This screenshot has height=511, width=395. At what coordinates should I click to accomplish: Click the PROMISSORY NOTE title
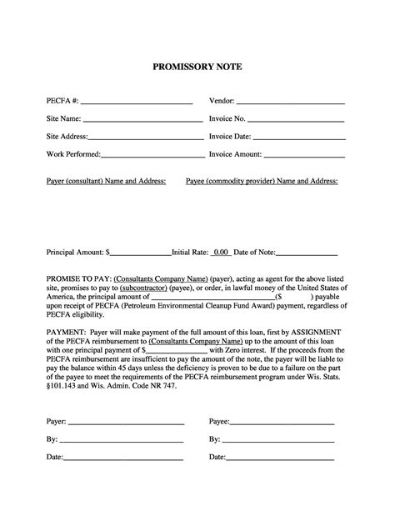click(x=197, y=66)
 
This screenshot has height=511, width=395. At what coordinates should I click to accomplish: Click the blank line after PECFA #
click(x=137, y=101)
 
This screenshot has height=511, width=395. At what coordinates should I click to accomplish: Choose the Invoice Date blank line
click(x=298, y=136)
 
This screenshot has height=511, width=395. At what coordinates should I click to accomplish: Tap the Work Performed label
click(x=73, y=154)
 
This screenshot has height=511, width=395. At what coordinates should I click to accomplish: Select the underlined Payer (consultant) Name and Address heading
click(x=106, y=180)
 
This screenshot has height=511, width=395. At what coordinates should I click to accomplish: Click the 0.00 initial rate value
click(x=220, y=251)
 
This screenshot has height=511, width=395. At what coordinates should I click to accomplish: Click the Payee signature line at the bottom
click(x=282, y=422)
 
